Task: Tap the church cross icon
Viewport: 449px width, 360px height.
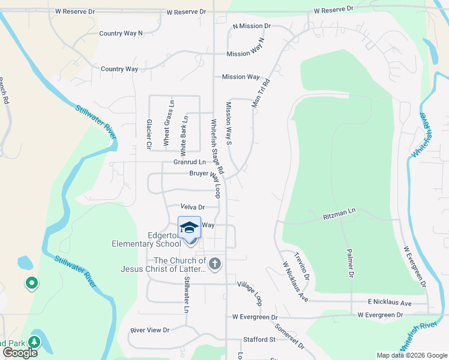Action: click(x=215, y=263)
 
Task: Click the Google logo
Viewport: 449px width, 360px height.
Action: click(x=20, y=353)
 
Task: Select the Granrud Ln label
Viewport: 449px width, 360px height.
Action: click(x=190, y=162)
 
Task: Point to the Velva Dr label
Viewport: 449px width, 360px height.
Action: click(x=193, y=207)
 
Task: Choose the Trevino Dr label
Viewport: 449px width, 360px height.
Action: click(x=301, y=266)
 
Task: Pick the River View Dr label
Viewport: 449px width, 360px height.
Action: click(x=150, y=330)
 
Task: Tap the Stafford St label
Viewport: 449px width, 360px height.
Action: click(x=259, y=340)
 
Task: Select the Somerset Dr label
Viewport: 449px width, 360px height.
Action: click(x=290, y=338)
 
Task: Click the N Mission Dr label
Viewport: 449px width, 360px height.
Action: click(x=252, y=27)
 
